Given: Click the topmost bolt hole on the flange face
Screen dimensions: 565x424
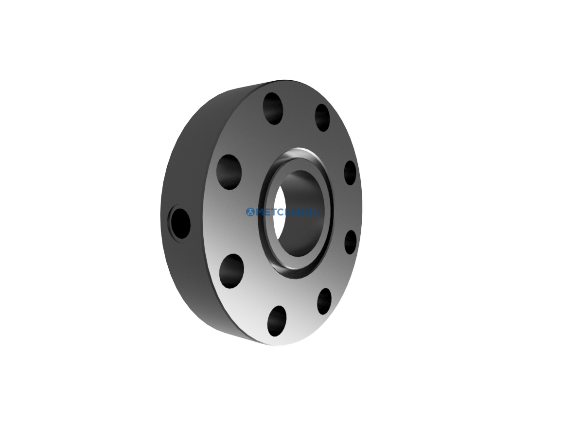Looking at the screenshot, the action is click(273, 108).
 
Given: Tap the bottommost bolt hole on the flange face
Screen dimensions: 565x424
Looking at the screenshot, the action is click(277, 321).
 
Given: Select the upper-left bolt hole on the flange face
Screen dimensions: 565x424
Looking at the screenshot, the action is click(229, 172).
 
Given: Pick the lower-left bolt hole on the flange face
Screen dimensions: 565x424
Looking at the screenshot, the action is click(232, 271).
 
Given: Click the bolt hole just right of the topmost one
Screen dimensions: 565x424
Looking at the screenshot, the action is click(322, 118).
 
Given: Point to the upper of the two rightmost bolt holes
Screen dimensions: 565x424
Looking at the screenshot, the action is click(350, 173).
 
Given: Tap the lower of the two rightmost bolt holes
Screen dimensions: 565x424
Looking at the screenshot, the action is click(350, 242).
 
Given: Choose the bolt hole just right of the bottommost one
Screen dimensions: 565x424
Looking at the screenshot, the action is click(324, 301).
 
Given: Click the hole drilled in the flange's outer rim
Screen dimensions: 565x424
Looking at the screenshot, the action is click(179, 223).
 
